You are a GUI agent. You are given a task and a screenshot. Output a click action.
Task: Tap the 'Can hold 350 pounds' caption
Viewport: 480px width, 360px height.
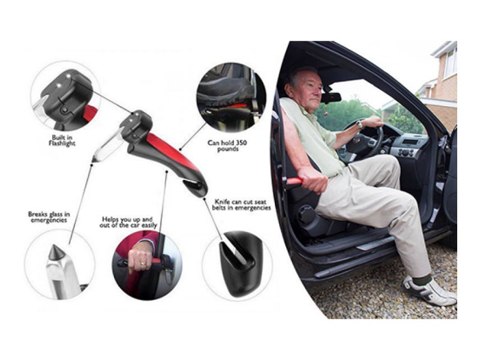tap(224, 145)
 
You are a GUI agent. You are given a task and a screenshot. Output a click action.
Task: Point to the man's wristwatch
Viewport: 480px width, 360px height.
tap(359, 125)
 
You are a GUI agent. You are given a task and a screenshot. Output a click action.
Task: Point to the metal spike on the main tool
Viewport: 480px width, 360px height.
tap(98, 149)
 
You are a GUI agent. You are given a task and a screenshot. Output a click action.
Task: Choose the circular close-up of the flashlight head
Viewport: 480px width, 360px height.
tap(65, 96)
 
